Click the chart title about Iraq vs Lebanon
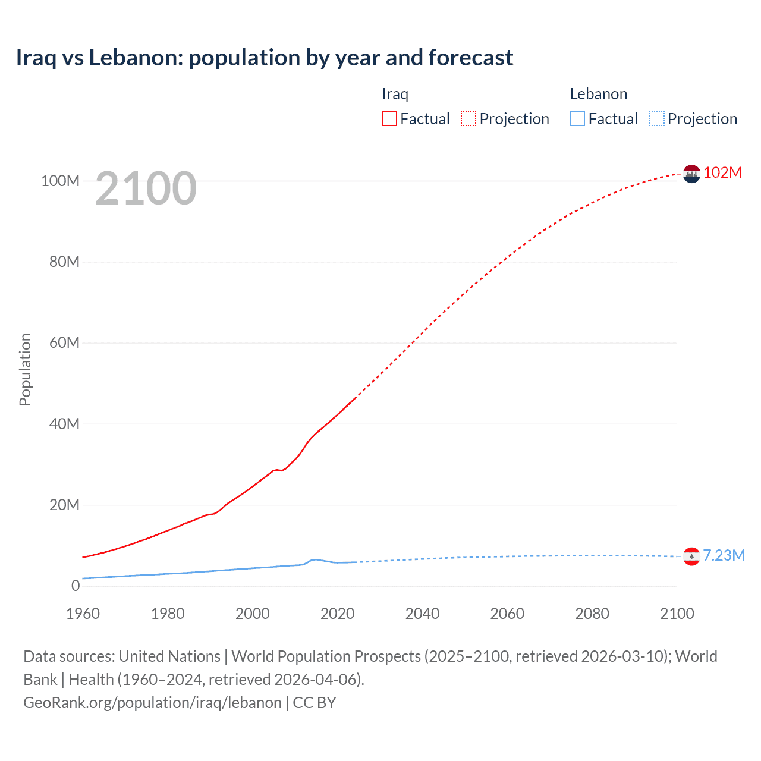(x=265, y=58)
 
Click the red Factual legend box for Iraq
(x=389, y=118)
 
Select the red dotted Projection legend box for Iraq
(x=468, y=118)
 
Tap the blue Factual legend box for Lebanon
(x=577, y=118)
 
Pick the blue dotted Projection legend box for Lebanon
(x=657, y=118)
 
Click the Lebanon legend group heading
(x=598, y=94)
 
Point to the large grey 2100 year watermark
(x=146, y=188)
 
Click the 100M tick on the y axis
(x=60, y=181)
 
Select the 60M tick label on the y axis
(x=64, y=342)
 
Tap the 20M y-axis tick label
(x=64, y=505)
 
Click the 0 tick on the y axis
(x=76, y=586)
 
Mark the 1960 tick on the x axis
(x=83, y=614)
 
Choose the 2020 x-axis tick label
(x=338, y=614)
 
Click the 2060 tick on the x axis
(x=507, y=614)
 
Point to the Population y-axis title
(x=25, y=369)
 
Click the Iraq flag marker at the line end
(x=691, y=174)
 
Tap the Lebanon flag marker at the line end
(x=691, y=556)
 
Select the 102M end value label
(x=722, y=172)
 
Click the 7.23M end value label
(x=724, y=555)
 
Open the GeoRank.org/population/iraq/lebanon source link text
(x=152, y=702)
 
